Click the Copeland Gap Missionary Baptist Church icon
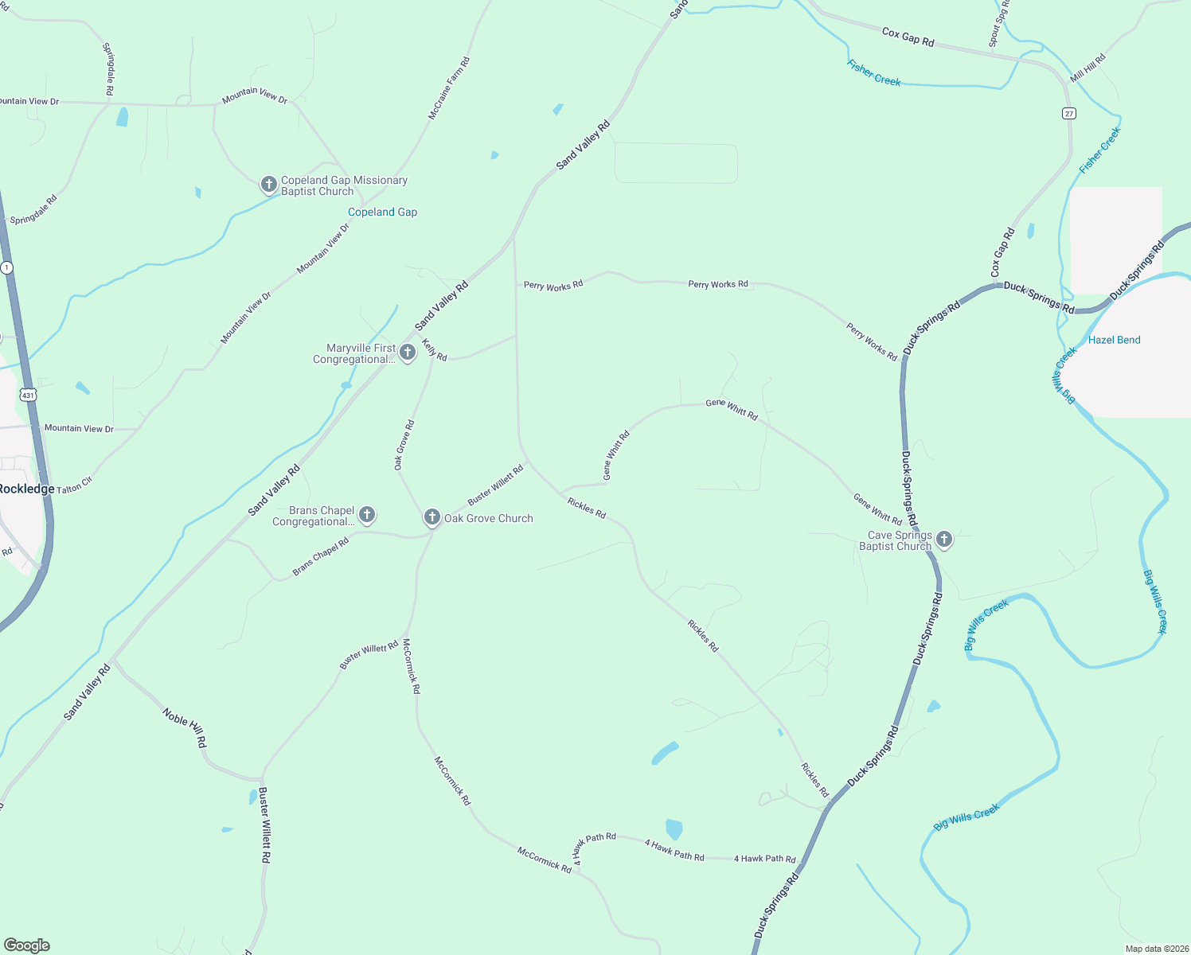click(x=269, y=185)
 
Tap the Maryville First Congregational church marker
click(x=408, y=353)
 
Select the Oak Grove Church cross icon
click(x=431, y=517)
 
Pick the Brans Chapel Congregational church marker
click(x=367, y=514)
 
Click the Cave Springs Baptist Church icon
click(x=944, y=540)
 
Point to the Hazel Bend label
click(x=1114, y=340)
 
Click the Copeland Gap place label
click(x=382, y=212)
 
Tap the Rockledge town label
click(x=26, y=489)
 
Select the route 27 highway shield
click(x=1068, y=113)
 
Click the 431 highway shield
click(x=29, y=395)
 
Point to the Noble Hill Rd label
click(x=185, y=727)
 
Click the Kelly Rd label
click(x=434, y=350)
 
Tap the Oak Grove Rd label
click(x=404, y=445)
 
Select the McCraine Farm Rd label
click(x=449, y=88)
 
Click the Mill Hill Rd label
click(x=1088, y=68)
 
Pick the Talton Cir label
click(x=75, y=485)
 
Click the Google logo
click(x=26, y=945)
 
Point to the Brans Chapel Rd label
click(x=321, y=557)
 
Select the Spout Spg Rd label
click(x=998, y=24)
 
